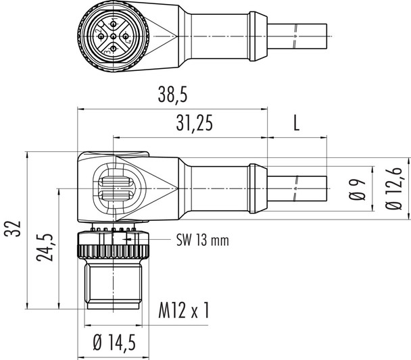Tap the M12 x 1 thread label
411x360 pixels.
tap(184, 311)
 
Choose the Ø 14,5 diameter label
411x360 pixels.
tap(114, 344)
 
